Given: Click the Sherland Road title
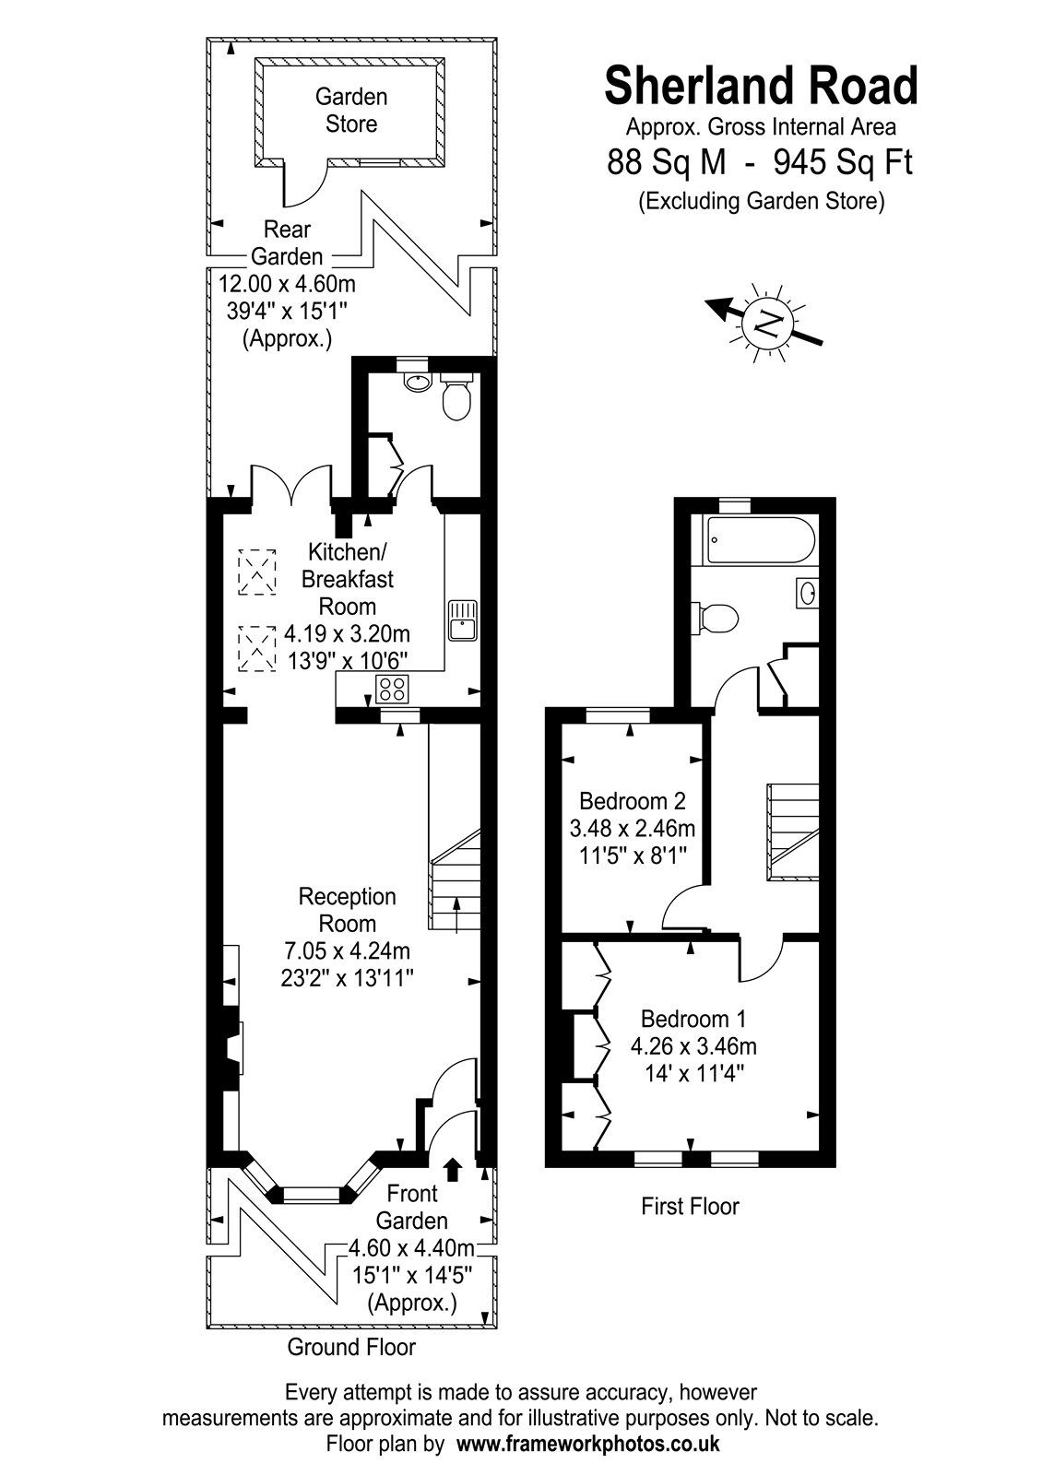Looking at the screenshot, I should point(761,87).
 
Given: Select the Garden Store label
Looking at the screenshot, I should point(351,110).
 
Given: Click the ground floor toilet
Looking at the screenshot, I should point(456,400).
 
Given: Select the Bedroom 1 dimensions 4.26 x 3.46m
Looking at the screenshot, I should point(693,1046).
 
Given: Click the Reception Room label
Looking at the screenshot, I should point(348,909).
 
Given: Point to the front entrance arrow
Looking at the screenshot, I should point(452,1169).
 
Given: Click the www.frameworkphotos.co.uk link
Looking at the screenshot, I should point(588,1444).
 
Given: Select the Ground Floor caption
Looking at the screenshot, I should point(351,1347).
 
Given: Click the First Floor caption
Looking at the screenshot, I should point(690,1206).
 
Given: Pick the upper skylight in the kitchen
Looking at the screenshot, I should point(257,570).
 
